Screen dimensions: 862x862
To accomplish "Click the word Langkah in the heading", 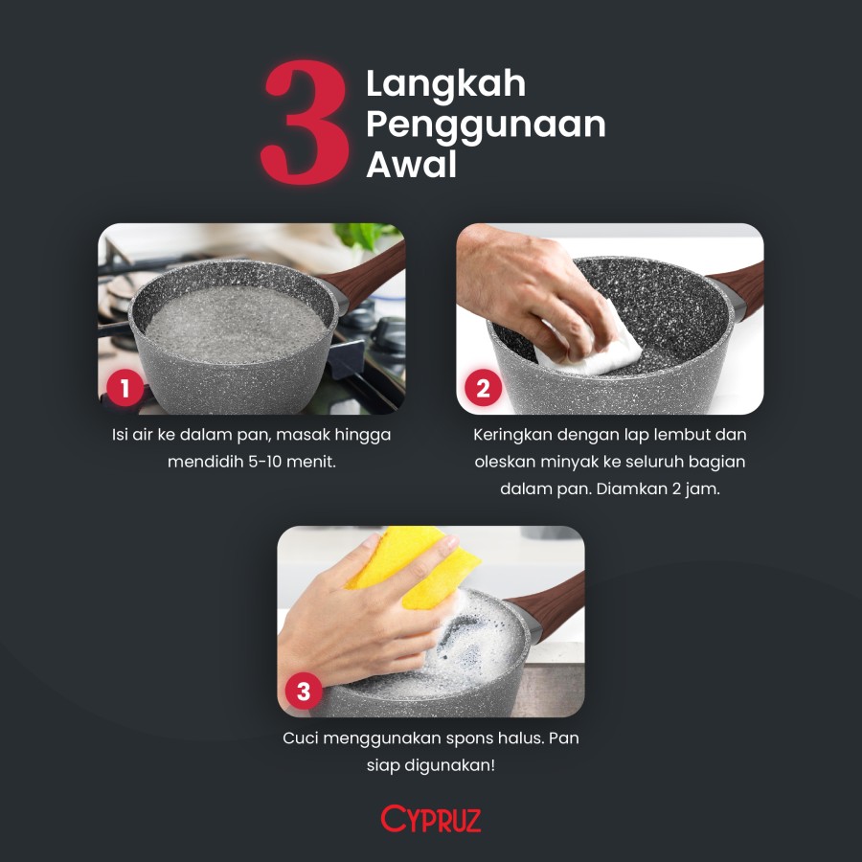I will pyautogui.click(x=445, y=83).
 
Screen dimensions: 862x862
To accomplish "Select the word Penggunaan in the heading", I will pyautogui.click(x=486, y=125).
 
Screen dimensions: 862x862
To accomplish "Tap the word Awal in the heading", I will pyautogui.click(x=411, y=165).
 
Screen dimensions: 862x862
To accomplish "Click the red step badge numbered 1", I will pyautogui.click(x=125, y=389).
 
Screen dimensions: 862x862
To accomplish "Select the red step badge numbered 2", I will pyautogui.click(x=483, y=389).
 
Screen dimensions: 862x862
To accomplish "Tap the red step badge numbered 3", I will pyautogui.click(x=304, y=692).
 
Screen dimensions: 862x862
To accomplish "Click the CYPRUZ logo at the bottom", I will pyautogui.click(x=431, y=819).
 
